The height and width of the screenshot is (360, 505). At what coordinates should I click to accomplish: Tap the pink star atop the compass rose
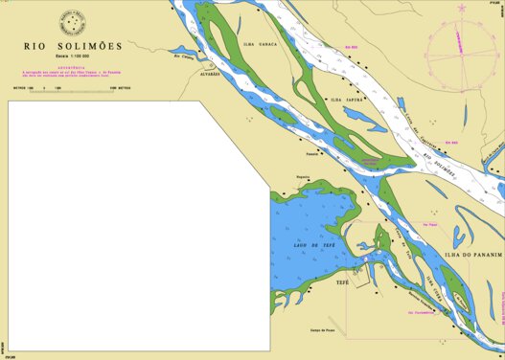(461, 8)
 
